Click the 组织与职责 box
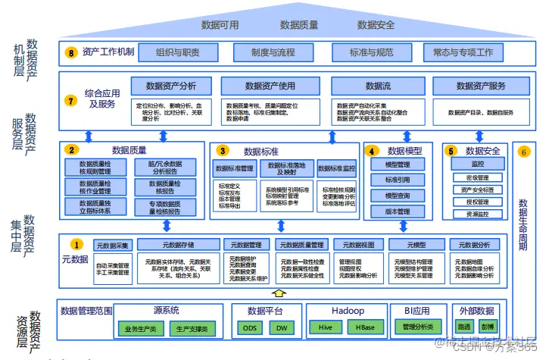tap(178, 52)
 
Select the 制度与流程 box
tap(274, 52)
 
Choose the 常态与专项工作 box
tap(463, 52)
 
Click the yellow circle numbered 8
tap(71, 52)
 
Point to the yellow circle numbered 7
tap(71, 100)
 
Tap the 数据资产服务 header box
tap(481, 86)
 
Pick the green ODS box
tap(250, 328)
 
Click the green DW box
tap(282, 328)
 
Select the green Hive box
tap(326, 328)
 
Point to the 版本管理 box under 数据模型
tap(398, 211)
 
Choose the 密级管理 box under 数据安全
tap(477, 177)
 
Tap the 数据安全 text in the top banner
tap(376, 25)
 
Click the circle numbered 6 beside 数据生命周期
tap(525, 152)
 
